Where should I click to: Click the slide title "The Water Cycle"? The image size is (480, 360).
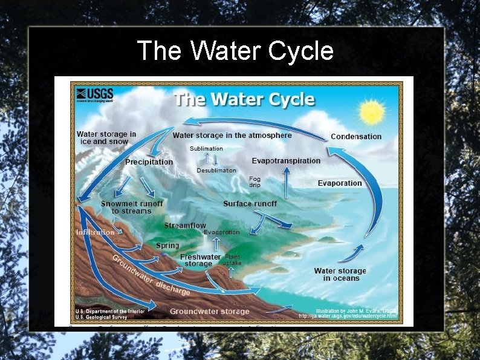[235, 51]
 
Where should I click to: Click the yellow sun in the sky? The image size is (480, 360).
[371, 113]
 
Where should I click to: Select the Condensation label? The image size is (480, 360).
[356, 137]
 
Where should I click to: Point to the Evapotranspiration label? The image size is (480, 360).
[286, 160]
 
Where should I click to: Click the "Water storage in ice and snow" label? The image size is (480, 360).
[106, 138]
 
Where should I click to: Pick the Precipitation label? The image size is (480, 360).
[149, 162]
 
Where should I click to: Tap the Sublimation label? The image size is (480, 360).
[206, 148]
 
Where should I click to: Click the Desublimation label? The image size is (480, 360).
[216, 171]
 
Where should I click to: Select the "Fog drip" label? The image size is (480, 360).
[255, 182]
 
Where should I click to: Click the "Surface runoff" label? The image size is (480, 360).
[250, 204]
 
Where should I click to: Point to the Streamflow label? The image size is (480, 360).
[185, 226]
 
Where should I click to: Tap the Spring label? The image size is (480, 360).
[167, 246]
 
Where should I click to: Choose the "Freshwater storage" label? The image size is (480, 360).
[200, 261]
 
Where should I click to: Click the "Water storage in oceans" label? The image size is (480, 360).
[340, 274]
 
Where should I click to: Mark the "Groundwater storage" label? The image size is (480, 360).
[209, 312]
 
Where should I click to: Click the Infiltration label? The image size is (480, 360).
[95, 232]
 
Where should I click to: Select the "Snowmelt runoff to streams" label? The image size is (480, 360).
[132, 208]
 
